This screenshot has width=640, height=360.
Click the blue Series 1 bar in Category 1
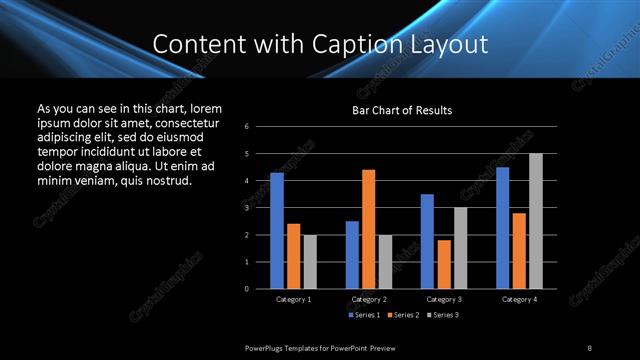pyautogui.click(x=277, y=231)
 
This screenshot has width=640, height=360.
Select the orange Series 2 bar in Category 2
pyautogui.click(x=369, y=229)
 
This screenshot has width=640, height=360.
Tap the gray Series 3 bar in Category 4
pyautogui.click(x=536, y=221)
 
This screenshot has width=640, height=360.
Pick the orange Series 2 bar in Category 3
pyautogui.click(x=444, y=264)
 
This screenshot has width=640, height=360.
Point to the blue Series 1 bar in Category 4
pyautogui.click(x=503, y=228)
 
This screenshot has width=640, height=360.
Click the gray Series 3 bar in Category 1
pyautogui.click(x=310, y=262)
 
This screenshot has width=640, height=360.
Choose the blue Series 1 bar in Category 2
pyautogui.click(x=352, y=255)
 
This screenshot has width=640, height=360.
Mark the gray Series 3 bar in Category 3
pyautogui.click(x=461, y=248)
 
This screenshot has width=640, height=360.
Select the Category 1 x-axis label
pyautogui.click(x=293, y=299)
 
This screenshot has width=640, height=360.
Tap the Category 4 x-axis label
pyautogui.click(x=519, y=299)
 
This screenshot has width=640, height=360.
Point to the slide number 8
pyautogui.click(x=589, y=347)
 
